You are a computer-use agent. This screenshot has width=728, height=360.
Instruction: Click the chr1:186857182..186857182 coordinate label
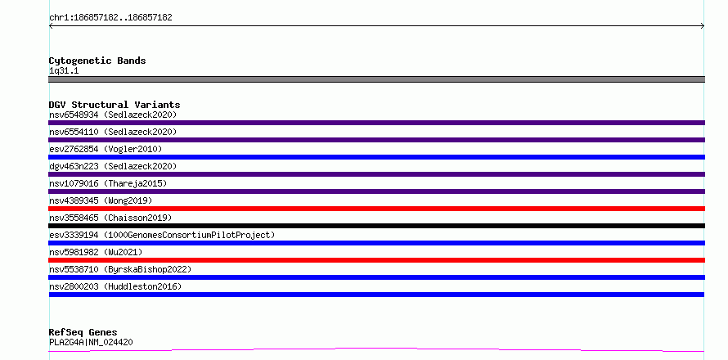(110, 18)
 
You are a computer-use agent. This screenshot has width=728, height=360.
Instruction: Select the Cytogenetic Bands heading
(97, 61)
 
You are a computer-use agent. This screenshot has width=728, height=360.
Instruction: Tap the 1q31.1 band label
(64, 70)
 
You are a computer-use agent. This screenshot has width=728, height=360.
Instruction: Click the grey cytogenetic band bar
(376, 79)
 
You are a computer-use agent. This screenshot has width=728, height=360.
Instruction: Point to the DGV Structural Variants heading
(115, 105)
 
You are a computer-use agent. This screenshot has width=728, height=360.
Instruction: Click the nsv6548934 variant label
(113, 115)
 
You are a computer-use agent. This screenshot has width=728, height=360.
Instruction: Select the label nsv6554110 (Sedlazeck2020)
(113, 132)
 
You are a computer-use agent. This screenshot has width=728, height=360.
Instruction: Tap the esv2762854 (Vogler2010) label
(106, 149)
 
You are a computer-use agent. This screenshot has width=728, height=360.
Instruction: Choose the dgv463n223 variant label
(113, 166)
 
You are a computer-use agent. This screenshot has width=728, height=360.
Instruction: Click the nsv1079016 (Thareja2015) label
(108, 183)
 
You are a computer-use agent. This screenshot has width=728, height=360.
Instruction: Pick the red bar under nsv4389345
(376, 209)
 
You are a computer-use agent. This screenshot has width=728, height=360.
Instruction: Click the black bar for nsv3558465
(376, 226)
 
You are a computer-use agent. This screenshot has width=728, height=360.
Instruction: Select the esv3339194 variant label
(162, 235)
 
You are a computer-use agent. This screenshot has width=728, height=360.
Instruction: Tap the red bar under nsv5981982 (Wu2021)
(376, 260)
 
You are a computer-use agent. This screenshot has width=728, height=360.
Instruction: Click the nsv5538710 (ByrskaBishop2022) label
(120, 269)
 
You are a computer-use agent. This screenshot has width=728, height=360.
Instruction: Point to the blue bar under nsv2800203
(376, 295)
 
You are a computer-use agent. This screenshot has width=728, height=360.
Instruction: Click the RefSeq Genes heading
(83, 332)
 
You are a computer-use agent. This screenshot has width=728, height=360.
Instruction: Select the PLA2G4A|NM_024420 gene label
(91, 342)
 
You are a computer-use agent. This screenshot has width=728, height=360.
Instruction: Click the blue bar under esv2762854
(376, 157)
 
